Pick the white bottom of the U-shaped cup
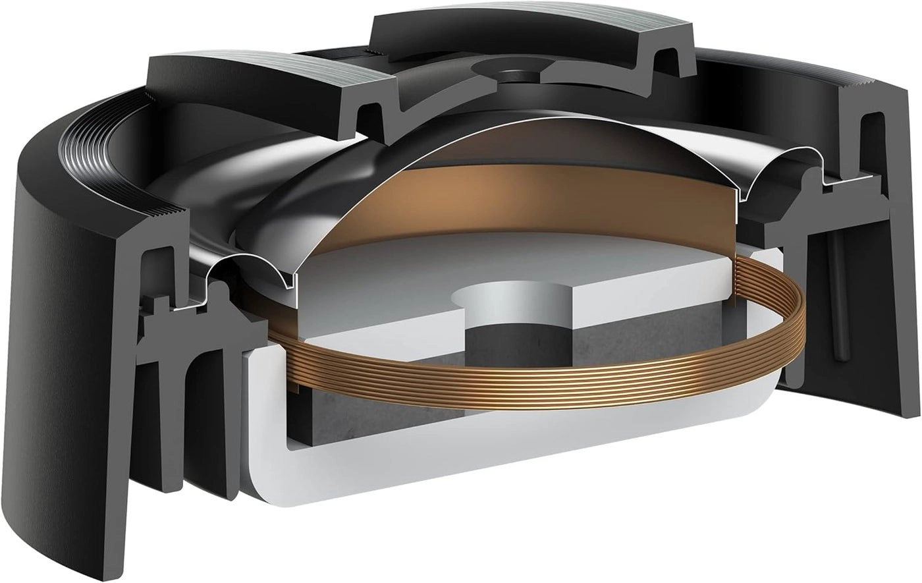461,474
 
